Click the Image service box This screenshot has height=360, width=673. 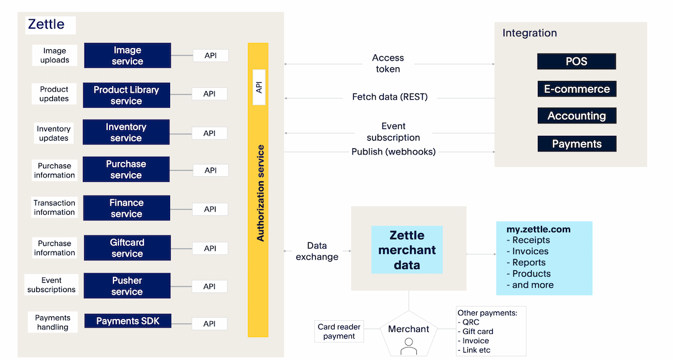click(x=127, y=55)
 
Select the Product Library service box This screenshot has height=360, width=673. click(x=126, y=95)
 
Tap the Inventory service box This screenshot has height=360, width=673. click(x=126, y=132)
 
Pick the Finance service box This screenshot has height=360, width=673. click(x=126, y=208)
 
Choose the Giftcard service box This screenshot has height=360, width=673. click(x=127, y=248)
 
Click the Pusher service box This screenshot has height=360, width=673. click(x=127, y=286)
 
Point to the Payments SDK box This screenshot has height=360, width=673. click(x=128, y=321)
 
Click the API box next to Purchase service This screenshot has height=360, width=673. click(x=211, y=171)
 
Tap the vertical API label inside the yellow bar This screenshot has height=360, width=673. click(x=259, y=87)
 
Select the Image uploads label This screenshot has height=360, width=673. click(x=55, y=55)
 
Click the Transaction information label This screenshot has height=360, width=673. click(x=54, y=207)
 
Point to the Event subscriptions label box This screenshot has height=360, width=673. click(x=51, y=285)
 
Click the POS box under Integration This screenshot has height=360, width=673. click(x=576, y=61)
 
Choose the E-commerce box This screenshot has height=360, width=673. click(x=576, y=89)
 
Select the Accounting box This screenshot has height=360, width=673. click(x=576, y=116)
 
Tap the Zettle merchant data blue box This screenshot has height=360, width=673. click(x=407, y=250)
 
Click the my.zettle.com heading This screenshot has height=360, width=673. click(x=538, y=229)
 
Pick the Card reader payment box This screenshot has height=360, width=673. click(x=340, y=331)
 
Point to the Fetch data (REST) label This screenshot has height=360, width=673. click(x=389, y=97)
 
